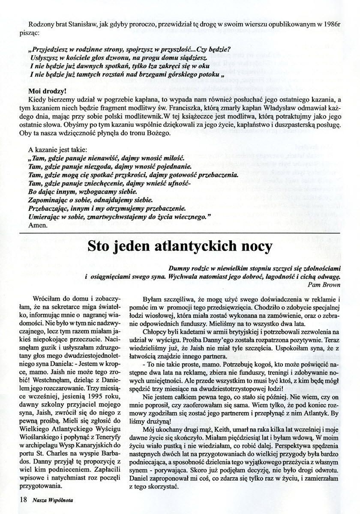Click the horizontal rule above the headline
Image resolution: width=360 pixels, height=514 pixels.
[x=180, y=232]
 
